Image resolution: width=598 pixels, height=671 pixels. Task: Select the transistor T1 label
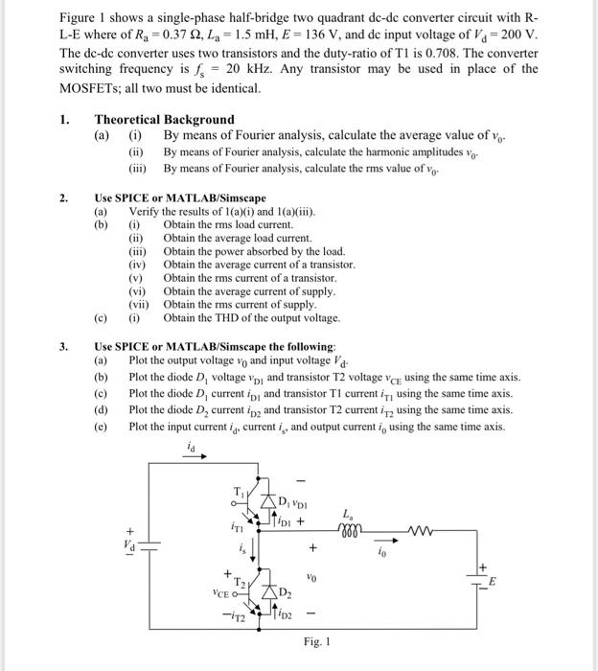pos(239,492)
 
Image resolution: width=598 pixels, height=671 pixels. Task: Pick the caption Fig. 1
pos(316,641)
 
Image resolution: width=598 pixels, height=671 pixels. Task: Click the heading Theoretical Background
pos(164,119)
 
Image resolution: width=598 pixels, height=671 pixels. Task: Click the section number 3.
pos(63,345)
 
